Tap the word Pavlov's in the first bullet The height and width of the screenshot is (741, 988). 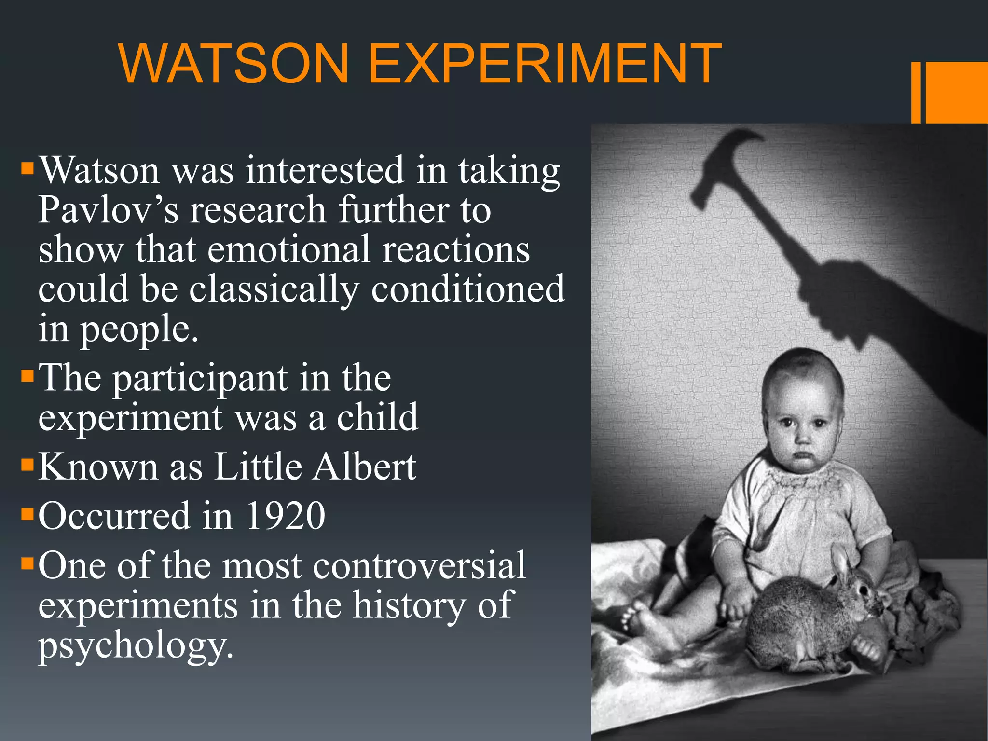(x=108, y=210)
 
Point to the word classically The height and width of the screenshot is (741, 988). (x=274, y=289)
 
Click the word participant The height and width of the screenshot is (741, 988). (x=200, y=379)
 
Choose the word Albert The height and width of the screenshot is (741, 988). (x=364, y=467)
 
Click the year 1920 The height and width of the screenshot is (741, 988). (x=286, y=516)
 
